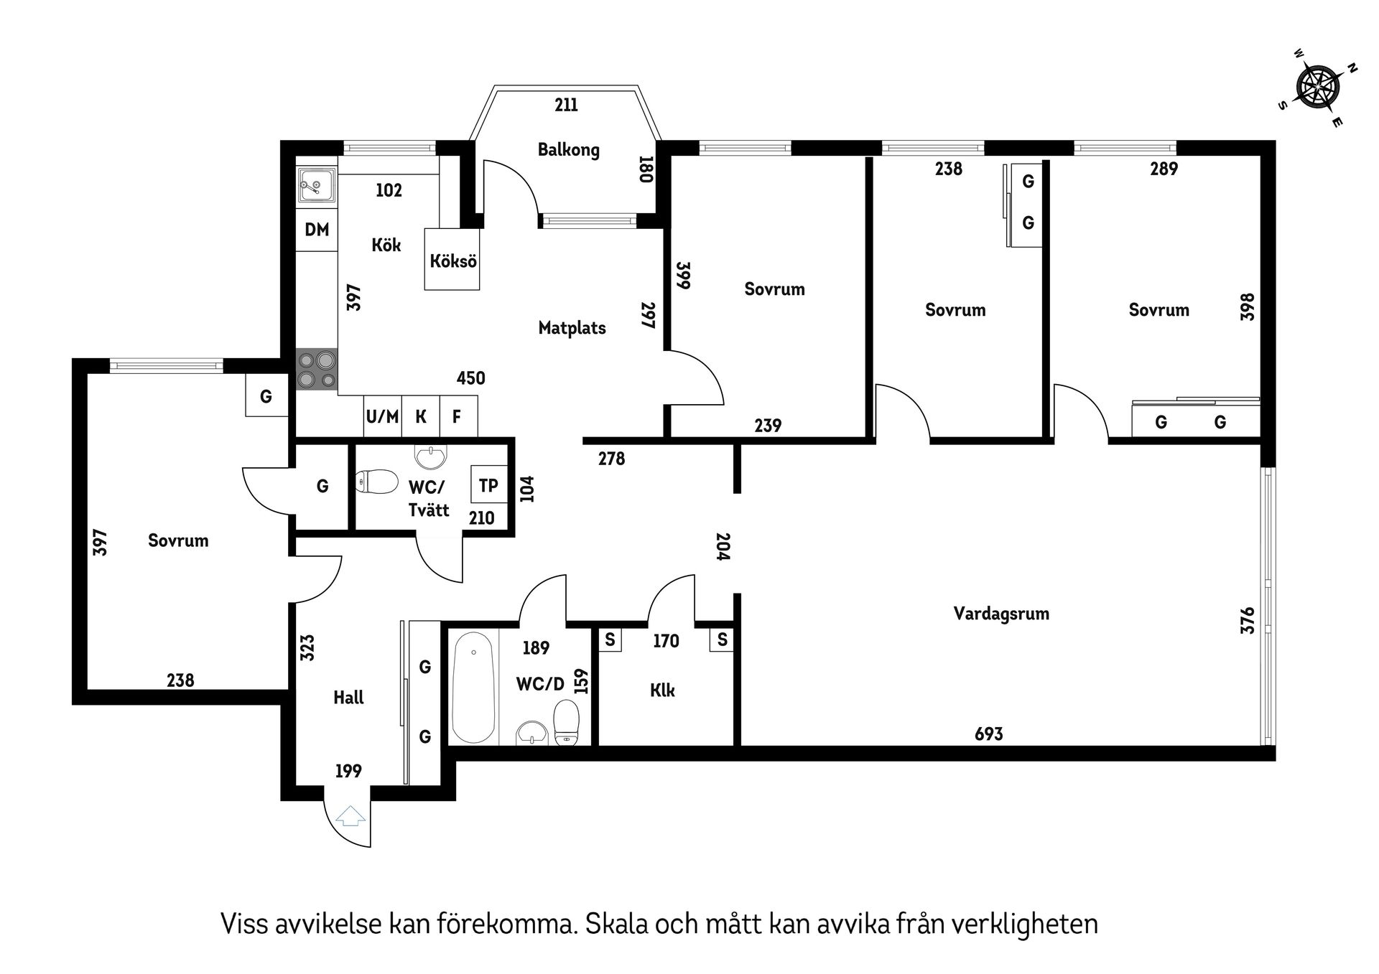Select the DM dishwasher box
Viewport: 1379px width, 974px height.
(317, 230)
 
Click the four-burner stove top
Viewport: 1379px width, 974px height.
(317, 369)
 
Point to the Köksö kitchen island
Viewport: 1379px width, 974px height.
(452, 261)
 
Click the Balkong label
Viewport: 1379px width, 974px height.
(568, 150)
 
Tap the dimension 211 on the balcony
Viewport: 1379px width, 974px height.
(566, 106)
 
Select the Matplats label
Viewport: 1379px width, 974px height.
(572, 328)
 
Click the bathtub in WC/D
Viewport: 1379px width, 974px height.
(473, 687)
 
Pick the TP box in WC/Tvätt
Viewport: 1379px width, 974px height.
(488, 485)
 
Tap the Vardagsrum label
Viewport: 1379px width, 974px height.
(1000, 614)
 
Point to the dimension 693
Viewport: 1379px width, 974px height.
(988, 734)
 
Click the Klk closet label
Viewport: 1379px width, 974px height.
(661, 690)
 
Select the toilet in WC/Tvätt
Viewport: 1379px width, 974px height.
(378, 482)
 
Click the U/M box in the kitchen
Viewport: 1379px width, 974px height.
(382, 416)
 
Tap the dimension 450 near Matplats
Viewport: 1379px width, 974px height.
(470, 378)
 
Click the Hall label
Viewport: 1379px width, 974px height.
(348, 698)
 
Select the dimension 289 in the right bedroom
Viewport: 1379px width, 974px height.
(1163, 169)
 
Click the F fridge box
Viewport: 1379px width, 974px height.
(457, 416)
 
